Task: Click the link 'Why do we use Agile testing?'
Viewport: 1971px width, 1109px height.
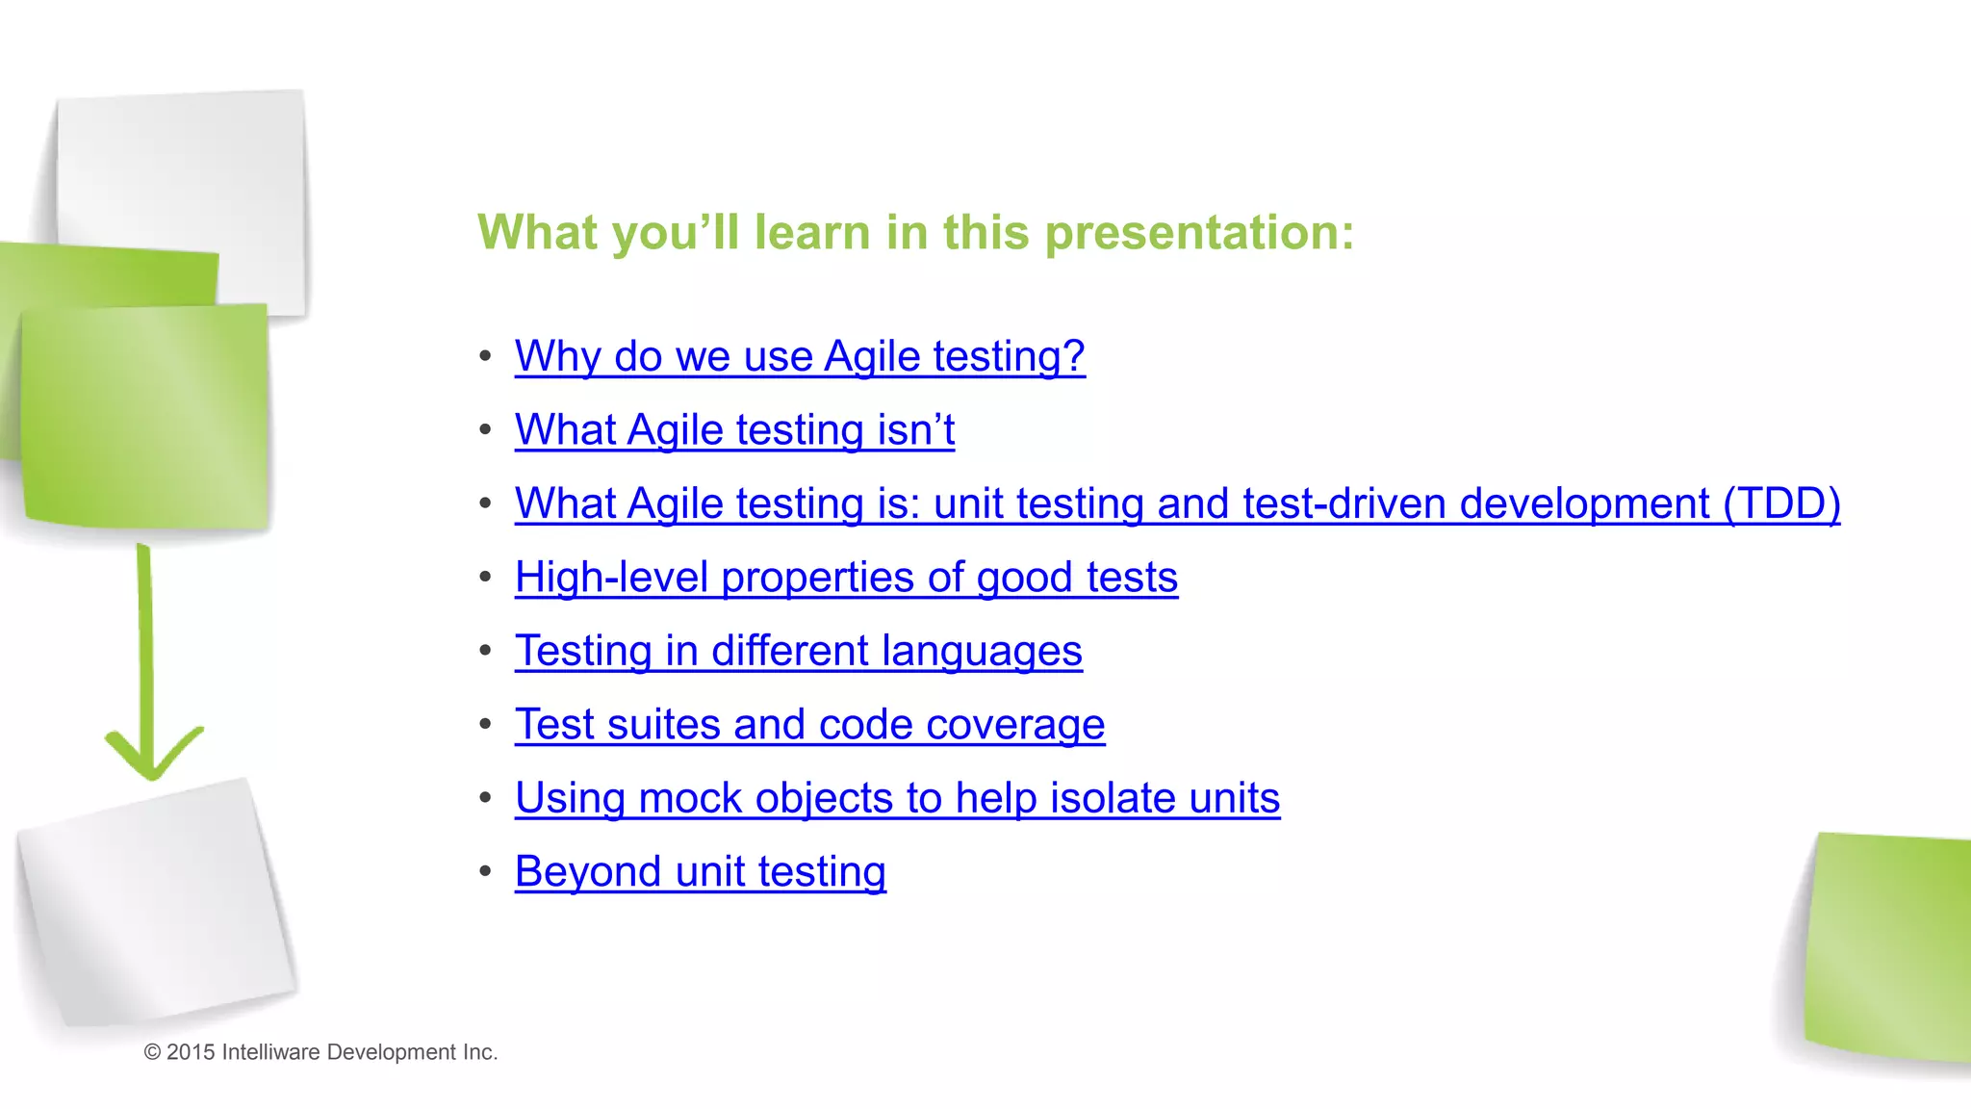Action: (x=799, y=356)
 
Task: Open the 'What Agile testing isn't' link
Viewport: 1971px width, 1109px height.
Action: (x=734, y=429)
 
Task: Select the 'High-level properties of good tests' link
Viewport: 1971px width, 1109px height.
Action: (x=846, y=578)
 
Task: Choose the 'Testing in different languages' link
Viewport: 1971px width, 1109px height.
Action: (x=798, y=651)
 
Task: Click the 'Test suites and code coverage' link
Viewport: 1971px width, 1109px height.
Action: (x=809, y=724)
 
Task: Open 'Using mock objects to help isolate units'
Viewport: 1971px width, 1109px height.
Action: (x=897, y=798)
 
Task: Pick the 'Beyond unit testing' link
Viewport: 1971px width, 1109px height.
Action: (x=700, y=871)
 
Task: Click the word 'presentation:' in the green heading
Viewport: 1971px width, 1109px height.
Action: (x=1199, y=233)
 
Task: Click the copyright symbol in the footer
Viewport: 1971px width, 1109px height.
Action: (x=152, y=1052)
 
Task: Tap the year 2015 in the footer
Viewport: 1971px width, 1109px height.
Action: (x=191, y=1052)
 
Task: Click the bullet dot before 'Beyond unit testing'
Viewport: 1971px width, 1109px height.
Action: (x=486, y=871)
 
